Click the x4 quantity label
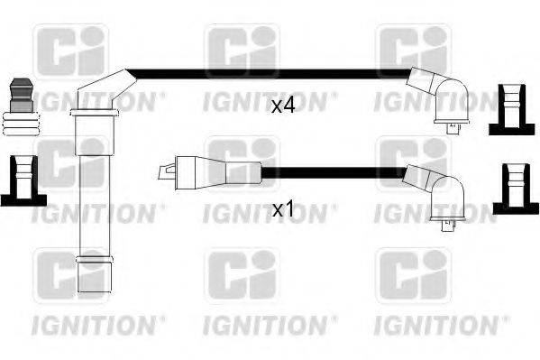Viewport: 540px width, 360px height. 283,106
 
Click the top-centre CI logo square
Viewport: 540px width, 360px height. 242,52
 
